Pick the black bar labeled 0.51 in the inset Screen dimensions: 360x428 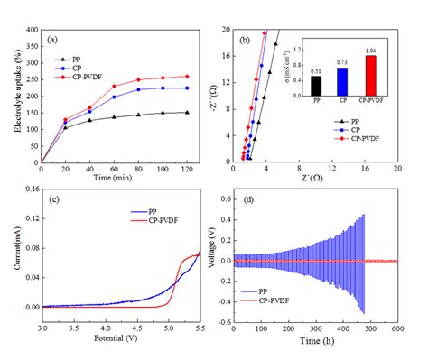click(x=315, y=85)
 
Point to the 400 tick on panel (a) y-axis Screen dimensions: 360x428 click(x=34, y=31)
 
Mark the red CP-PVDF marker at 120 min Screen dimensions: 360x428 click(x=186, y=77)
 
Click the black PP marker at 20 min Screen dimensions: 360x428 click(x=66, y=127)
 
